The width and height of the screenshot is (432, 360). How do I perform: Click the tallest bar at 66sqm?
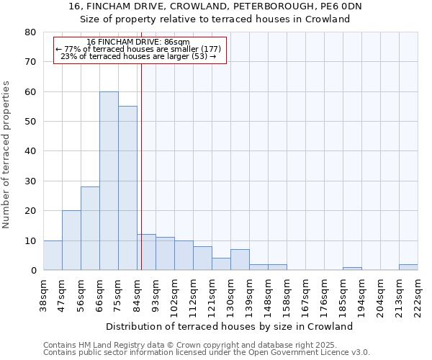(x=109, y=181)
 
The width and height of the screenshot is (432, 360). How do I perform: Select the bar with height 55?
(x=127, y=188)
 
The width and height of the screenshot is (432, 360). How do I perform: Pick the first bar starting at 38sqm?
(x=53, y=256)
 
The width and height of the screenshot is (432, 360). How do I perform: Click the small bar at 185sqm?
(x=352, y=269)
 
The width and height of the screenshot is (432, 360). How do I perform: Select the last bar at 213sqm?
(x=408, y=267)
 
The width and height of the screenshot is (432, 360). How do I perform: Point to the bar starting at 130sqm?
(x=240, y=260)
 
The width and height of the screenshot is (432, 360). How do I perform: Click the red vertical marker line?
(x=141, y=158)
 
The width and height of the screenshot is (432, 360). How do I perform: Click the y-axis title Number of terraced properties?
(x=6, y=154)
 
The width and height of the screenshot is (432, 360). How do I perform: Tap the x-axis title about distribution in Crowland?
(x=234, y=326)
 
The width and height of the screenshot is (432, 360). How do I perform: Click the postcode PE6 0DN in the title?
(x=342, y=6)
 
